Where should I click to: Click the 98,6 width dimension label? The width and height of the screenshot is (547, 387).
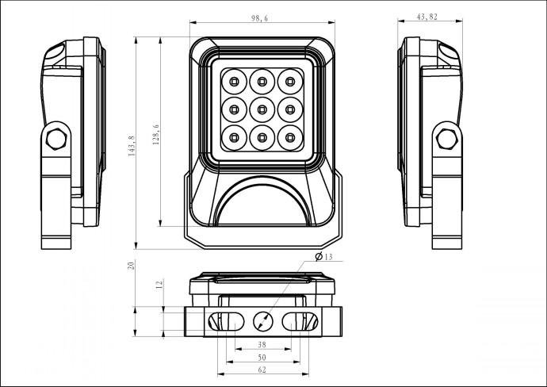tap(259, 18)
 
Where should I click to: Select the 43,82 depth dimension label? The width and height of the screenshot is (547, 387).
tap(427, 17)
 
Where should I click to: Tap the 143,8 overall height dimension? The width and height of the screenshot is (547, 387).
tap(132, 146)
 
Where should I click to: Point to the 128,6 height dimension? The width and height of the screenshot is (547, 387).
tap(156, 135)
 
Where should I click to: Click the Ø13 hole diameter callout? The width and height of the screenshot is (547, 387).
tap(323, 257)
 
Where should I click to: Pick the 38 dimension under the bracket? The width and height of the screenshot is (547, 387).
tap(262, 345)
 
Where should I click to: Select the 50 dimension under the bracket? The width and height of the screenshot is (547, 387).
tap(262, 358)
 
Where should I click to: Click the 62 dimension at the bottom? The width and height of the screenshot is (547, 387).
tap(262, 370)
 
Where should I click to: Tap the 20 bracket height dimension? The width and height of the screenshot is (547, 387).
tap(131, 265)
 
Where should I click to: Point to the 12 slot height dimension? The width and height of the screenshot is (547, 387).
tap(159, 284)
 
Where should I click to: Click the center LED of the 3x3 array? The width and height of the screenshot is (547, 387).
tap(262, 110)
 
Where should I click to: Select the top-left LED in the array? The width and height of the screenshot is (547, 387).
tap(234, 82)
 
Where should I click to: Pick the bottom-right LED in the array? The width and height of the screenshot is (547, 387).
tap(290, 138)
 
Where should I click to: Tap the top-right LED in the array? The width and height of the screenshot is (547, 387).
tap(290, 82)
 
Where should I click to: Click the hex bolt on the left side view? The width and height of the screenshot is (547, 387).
tap(56, 139)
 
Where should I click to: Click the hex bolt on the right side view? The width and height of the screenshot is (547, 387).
tap(447, 139)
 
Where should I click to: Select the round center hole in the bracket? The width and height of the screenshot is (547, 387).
tap(262, 321)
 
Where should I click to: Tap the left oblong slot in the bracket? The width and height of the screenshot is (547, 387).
tap(226, 321)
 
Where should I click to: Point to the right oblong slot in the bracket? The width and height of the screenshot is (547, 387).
tap(300, 321)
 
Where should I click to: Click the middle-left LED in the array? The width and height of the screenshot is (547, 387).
tap(234, 110)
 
